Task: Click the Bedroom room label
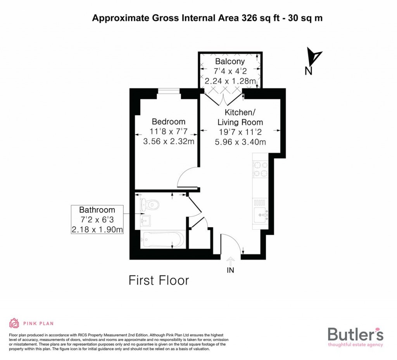[x=169, y=121]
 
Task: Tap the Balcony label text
[x=230, y=62]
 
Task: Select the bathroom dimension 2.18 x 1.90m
[x=97, y=230]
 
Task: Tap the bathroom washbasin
[x=145, y=221]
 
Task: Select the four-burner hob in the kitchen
[x=261, y=169]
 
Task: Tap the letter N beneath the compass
[x=308, y=71]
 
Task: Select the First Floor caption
[x=159, y=280]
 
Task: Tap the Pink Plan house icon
[x=14, y=323]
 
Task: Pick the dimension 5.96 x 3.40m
[x=240, y=142]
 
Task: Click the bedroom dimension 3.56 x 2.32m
[x=169, y=141]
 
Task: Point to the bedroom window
[x=169, y=91]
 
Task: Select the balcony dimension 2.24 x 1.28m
[x=230, y=81]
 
